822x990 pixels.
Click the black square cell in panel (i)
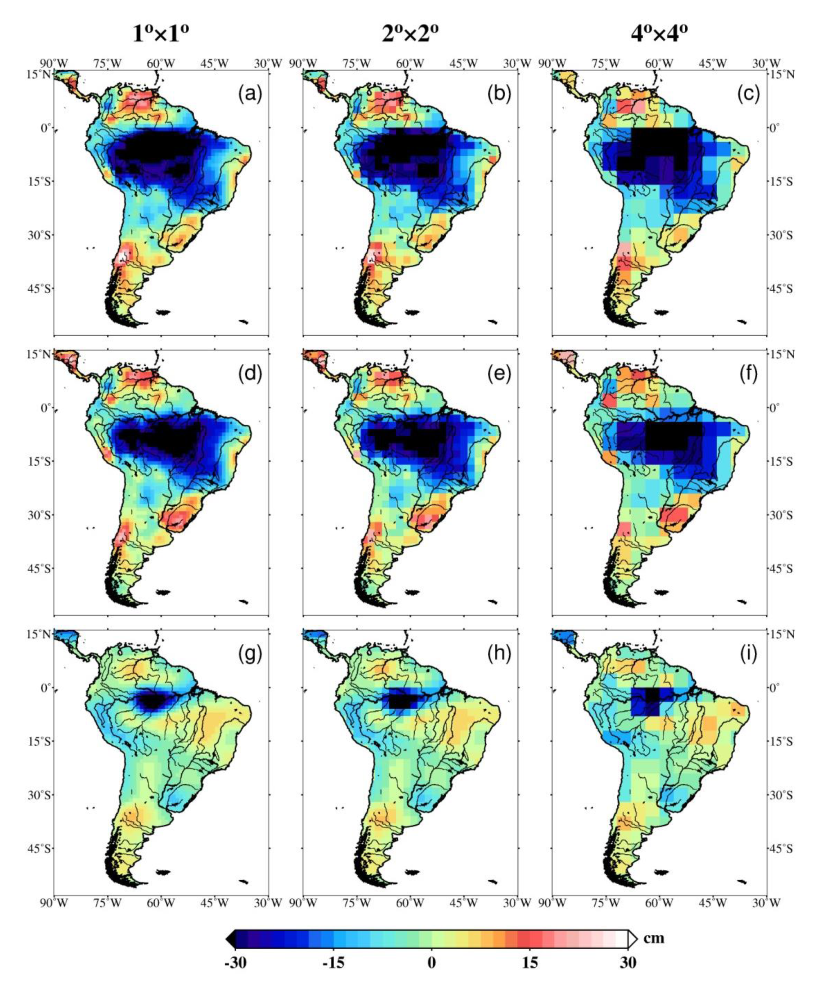click(x=652, y=695)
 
